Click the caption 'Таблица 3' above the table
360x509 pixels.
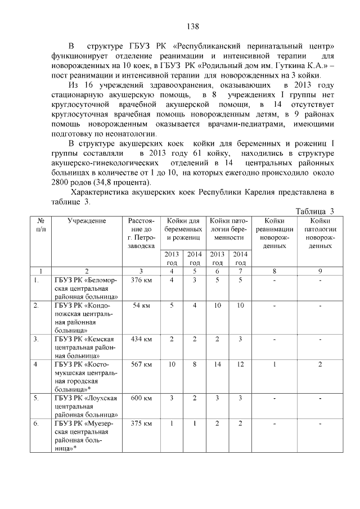(x=315, y=211)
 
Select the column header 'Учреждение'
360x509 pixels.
(x=87, y=220)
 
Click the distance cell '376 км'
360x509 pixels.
(x=140, y=280)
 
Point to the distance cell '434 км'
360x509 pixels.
(x=140, y=339)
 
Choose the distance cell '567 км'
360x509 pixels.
(x=140, y=364)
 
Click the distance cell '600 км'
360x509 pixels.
(x=140, y=398)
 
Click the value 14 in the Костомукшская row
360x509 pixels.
(x=218, y=364)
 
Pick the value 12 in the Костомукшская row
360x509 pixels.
(x=240, y=364)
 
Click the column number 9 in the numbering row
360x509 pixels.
(x=320, y=271)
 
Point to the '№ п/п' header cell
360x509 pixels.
(x=41, y=225)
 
